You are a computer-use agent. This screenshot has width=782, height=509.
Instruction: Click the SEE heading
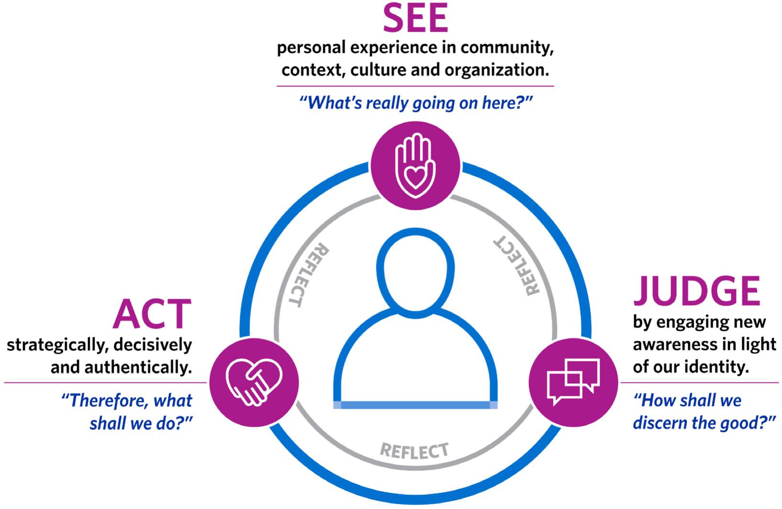click(x=415, y=19)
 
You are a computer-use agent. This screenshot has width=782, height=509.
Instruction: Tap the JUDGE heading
click(x=697, y=291)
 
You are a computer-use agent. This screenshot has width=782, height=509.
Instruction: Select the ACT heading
click(x=152, y=315)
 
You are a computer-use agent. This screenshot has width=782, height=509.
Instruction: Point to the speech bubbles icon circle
click(x=573, y=382)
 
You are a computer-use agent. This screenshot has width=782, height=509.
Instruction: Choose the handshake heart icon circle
click(x=254, y=382)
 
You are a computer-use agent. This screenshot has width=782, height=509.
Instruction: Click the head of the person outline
click(x=415, y=269)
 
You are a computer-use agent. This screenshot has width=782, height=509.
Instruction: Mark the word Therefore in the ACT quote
click(x=105, y=400)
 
